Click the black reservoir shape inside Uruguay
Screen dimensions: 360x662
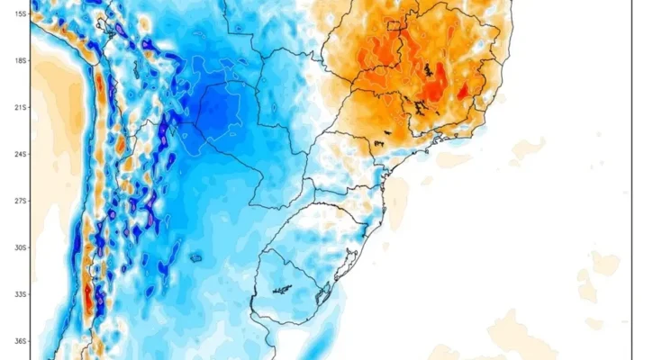tap(283, 290)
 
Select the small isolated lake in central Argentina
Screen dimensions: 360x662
tap(195, 258)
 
